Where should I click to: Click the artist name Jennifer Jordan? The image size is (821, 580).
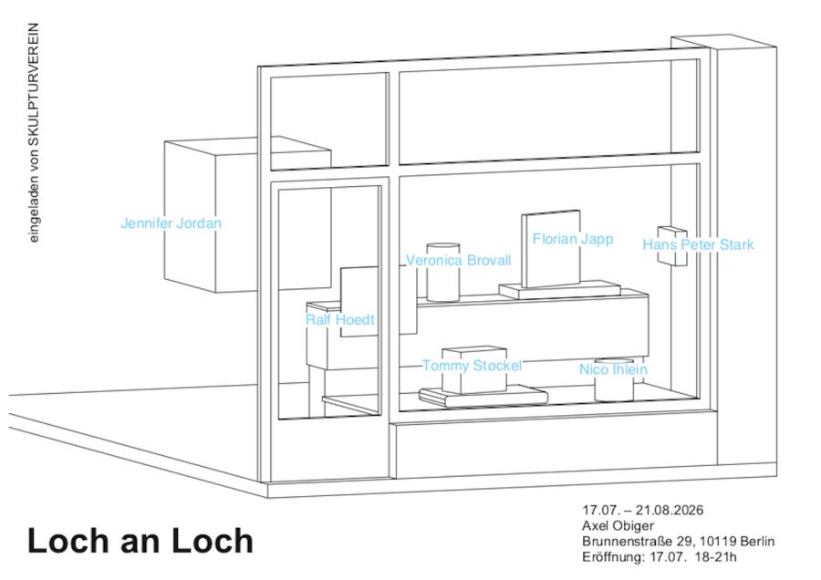[x=171, y=223]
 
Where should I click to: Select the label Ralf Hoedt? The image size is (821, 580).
[x=340, y=319]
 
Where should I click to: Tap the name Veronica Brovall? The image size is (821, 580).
[x=458, y=260]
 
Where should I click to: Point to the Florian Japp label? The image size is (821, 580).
[x=573, y=239]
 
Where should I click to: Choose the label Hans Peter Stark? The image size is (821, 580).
[x=698, y=244]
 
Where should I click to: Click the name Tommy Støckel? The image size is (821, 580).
[x=472, y=366]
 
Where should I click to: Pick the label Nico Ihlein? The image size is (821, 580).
[x=613, y=369]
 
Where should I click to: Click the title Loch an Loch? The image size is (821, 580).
[x=140, y=540]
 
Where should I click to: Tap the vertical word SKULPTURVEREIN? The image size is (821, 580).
[x=34, y=87]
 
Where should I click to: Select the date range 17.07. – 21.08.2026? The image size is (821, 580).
[x=643, y=510]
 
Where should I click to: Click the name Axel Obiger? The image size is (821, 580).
[x=618, y=525]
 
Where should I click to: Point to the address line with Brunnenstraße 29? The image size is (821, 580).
[x=679, y=541]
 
